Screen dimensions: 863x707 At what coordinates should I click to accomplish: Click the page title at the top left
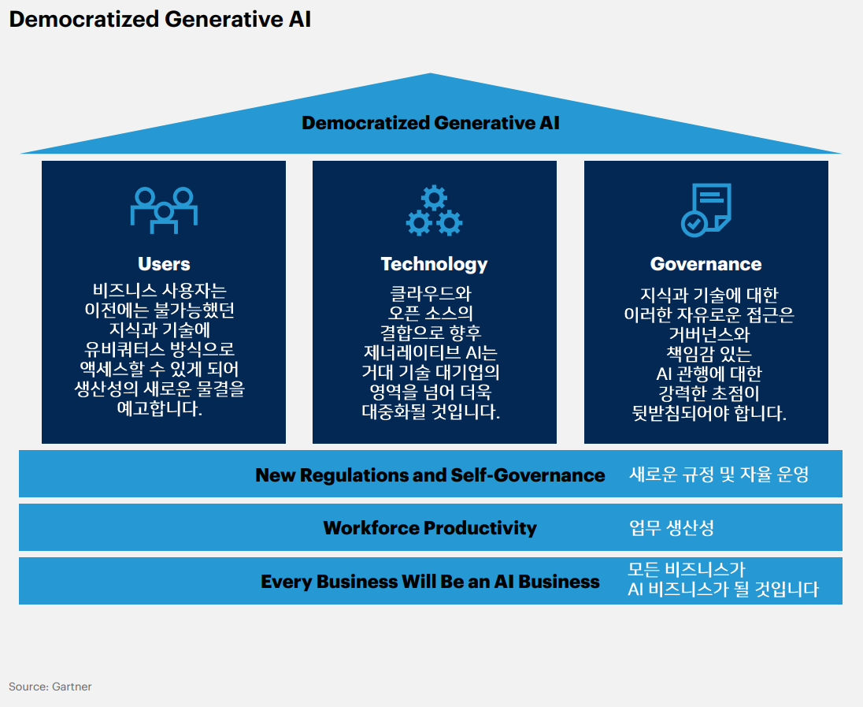click(160, 20)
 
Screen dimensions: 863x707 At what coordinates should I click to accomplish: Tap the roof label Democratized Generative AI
click(431, 123)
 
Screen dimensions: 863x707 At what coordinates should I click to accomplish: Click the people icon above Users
click(164, 209)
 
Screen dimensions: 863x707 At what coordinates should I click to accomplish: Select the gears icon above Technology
click(434, 210)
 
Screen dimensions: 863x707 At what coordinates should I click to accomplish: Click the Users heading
click(164, 264)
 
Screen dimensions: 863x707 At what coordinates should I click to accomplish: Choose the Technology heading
click(434, 264)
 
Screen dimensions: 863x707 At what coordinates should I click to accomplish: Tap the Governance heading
click(706, 264)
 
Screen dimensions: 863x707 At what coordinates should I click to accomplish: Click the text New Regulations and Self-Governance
click(430, 475)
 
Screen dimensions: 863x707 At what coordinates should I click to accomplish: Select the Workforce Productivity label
click(430, 528)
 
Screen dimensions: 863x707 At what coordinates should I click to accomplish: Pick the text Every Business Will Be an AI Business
click(430, 582)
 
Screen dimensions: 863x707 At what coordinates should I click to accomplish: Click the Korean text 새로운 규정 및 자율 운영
click(719, 474)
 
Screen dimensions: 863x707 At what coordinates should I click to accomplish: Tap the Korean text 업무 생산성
click(671, 528)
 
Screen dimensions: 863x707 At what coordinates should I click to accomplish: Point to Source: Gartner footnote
click(50, 687)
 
